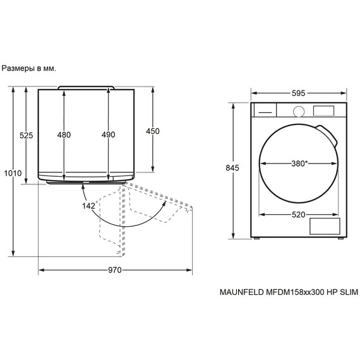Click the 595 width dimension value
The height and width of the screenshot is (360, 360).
(299, 93)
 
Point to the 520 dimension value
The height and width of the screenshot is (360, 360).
(299, 215)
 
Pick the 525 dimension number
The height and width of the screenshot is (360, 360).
(26, 135)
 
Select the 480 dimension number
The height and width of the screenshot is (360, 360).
(64, 135)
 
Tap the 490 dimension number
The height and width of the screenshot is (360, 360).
(108, 135)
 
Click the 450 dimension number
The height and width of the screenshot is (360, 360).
(153, 131)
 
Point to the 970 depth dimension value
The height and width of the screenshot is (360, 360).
(114, 270)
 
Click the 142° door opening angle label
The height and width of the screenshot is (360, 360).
(88, 206)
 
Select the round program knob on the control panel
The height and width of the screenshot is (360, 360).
(299, 111)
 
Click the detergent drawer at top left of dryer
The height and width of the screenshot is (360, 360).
(265, 110)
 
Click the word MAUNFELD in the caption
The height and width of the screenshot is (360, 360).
(240, 293)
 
